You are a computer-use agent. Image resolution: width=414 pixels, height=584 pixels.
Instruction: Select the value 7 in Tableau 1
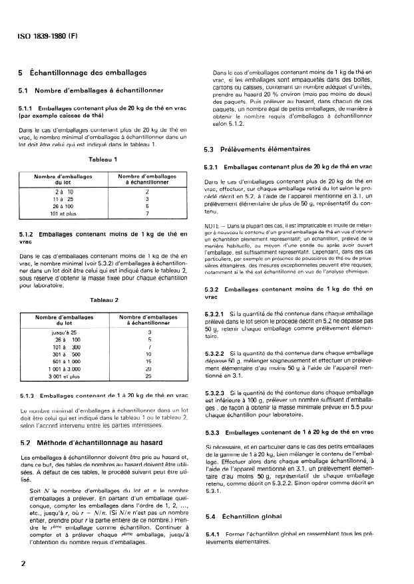(146, 214)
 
